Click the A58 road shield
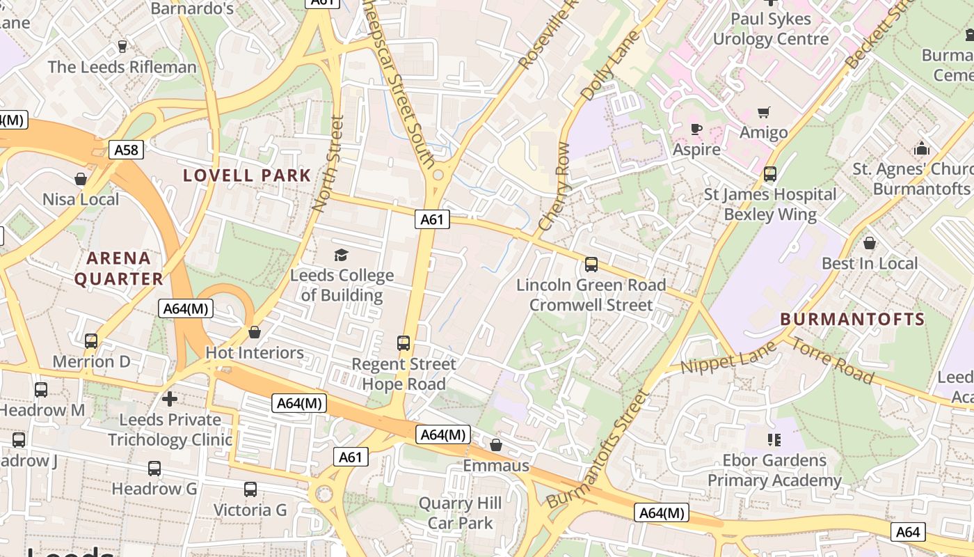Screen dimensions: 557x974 tap(126, 150)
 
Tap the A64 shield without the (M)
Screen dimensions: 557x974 tap(908, 532)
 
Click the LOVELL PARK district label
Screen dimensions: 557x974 tap(247, 175)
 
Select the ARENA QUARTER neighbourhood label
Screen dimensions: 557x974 tap(119, 269)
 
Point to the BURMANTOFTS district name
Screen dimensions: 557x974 tap(852, 320)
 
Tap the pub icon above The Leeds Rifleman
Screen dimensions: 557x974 tap(122, 47)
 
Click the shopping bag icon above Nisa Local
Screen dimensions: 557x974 tap(81, 179)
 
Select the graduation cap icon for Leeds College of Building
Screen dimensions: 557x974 tap(341, 255)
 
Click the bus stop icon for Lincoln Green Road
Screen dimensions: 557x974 tap(591, 265)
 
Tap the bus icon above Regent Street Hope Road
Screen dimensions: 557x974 tap(404, 343)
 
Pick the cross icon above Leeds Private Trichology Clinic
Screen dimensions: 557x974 tap(169, 399)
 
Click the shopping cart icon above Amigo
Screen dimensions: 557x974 tap(764, 112)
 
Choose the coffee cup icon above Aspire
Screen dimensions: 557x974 tap(696, 130)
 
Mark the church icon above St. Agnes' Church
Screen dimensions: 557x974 tap(922, 148)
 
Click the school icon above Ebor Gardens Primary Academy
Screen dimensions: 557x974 tap(774, 439)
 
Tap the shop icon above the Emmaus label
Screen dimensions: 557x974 tap(496, 445)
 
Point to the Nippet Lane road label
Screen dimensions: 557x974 tap(728, 362)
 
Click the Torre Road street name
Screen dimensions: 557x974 tap(832, 361)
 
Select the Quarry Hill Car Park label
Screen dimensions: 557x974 tap(460, 513)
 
